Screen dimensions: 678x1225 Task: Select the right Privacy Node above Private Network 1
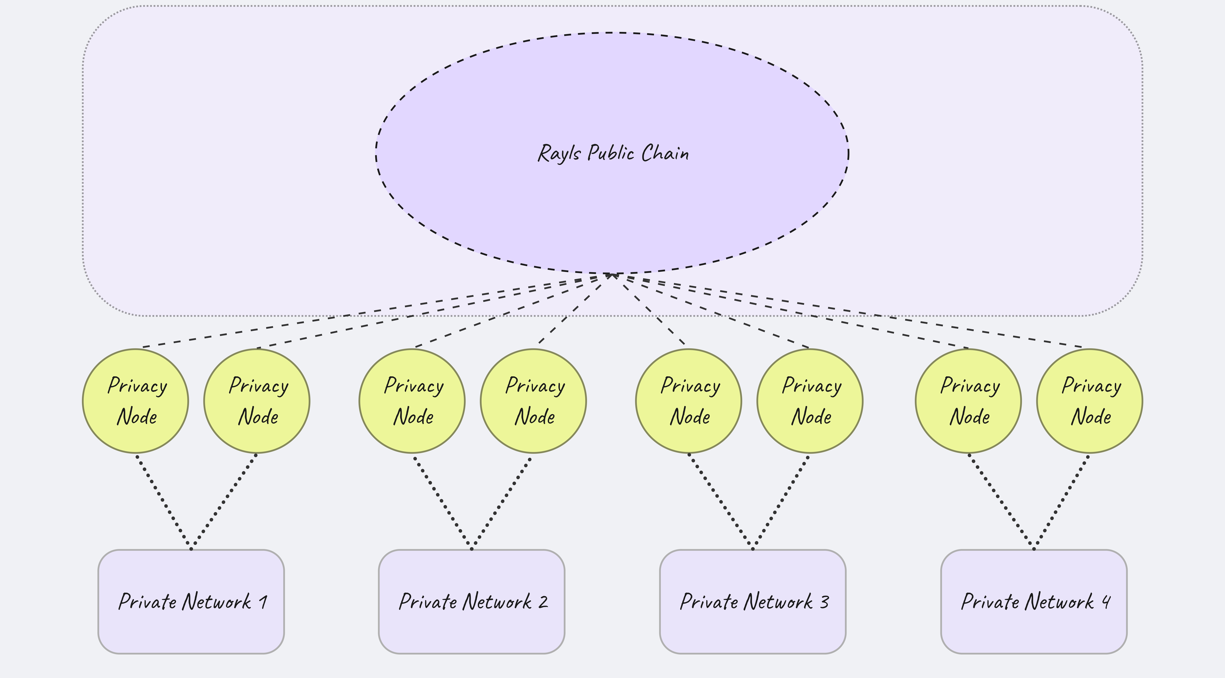pyautogui.click(x=257, y=401)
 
